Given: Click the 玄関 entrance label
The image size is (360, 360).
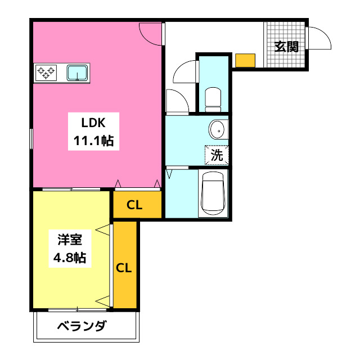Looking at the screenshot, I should pos(286,47).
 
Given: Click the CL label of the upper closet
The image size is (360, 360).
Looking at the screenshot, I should pos(134,205).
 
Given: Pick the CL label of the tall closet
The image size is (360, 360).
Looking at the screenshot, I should pos(124,268).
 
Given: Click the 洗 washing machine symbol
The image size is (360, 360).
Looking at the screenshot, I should pos(217,153).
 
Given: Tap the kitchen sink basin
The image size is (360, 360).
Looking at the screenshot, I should pos(77,72).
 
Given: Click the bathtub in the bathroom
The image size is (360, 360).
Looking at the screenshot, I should pos(213,192).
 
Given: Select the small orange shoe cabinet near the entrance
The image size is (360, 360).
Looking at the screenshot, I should pos(245,60).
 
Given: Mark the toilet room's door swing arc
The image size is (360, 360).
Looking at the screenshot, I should pos(184,72).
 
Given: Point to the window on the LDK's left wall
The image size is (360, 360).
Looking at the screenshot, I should pos(31,138).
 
